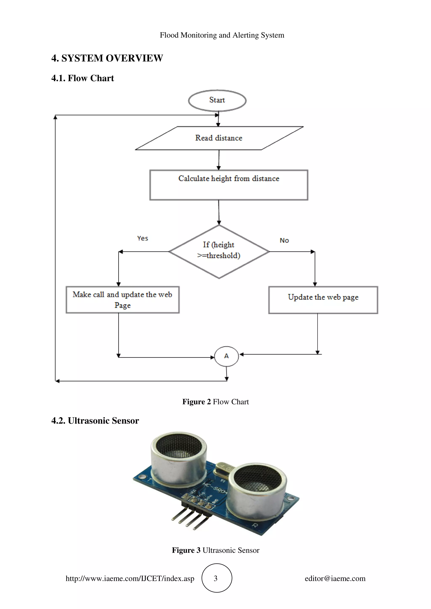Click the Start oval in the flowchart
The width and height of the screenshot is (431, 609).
click(x=217, y=100)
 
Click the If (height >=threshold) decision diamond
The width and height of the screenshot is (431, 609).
click(x=219, y=251)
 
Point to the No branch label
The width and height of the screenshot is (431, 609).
click(x=284, y=241)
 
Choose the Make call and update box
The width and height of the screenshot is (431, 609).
click(x=122, y=300)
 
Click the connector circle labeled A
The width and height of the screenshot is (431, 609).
click(x=226, y=356)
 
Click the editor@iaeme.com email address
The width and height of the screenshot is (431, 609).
click(x=335, y=579)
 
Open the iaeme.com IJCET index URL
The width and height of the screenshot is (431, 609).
click(x=130, y=579)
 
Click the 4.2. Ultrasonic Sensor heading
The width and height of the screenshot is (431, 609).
click(x=95, y=421)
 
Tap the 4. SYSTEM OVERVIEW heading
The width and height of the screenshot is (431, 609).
click(x=107, y=58)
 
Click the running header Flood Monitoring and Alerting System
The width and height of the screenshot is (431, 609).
click(x=222, y=35)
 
